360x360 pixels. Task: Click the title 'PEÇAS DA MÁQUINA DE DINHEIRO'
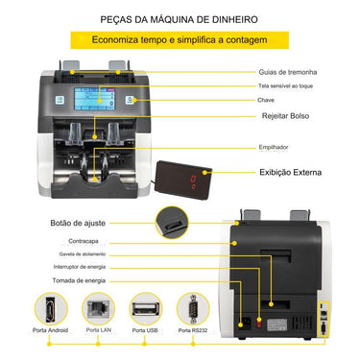(x=180, y=17)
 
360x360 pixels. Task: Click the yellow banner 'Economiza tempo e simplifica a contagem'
(x=180, y=41)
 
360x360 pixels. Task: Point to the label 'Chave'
(x=267, y=100)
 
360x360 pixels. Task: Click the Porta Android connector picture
(x=48, y=312)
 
